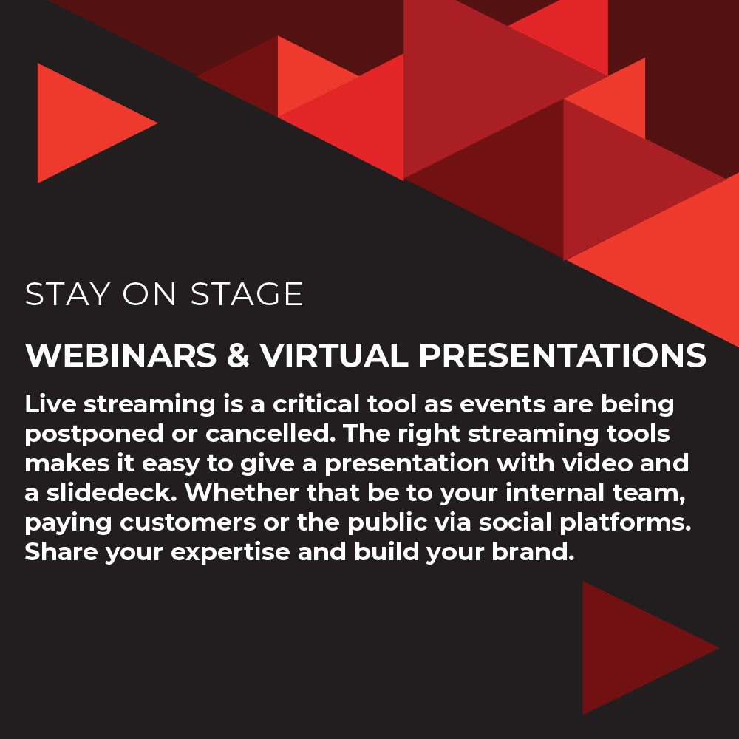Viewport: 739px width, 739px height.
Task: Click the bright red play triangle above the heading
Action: (x=78, y=123)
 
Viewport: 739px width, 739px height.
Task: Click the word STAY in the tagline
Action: (x=68, y=294)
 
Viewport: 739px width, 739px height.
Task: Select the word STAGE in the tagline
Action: (x=247, y=294)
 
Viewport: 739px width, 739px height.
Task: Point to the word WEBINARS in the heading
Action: (x=121, y=355)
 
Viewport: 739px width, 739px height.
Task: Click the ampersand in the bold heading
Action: (x=238, y=355)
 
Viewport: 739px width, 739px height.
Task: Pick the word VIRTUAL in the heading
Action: (x=334, y=355)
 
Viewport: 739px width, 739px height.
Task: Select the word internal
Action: (x=555, y=492)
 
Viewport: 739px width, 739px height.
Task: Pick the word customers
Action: (x=188, y=522)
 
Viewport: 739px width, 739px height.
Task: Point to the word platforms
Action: (x=625, y=523)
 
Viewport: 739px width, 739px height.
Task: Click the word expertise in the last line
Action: (x=231, y=553)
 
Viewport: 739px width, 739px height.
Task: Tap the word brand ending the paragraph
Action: (x=533, y=551)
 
